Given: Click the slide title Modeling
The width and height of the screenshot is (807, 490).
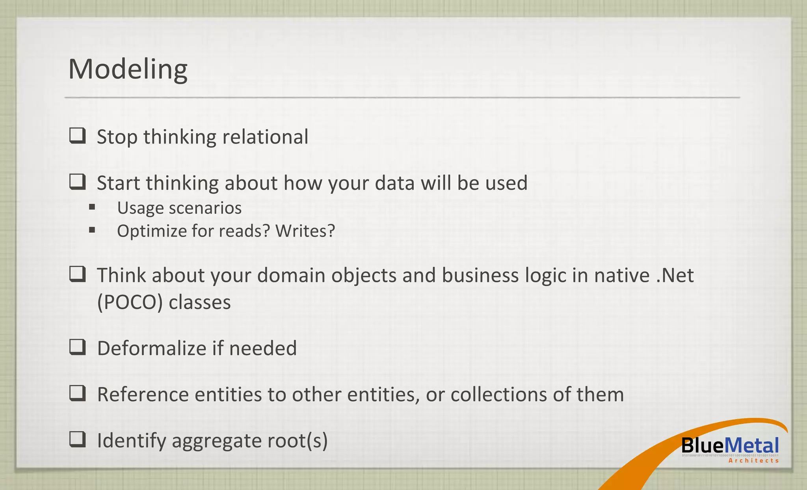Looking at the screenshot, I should [x=128, y=69].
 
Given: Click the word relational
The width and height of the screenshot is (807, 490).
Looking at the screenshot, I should [x=265, y=137].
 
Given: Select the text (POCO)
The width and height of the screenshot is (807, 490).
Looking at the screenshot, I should [x=130, y=303].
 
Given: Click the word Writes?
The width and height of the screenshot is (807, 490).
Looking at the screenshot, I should [x=305, y=231].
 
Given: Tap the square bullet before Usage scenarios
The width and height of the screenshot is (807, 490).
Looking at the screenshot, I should [x=92, y=207].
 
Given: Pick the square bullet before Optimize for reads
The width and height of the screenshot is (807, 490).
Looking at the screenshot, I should [x=92, y=229].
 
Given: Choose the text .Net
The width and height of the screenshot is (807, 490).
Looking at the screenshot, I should [x=675, y=275].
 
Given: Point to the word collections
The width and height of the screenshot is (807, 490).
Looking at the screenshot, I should [x=498, y=395].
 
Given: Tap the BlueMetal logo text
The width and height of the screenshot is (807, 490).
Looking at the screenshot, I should [x=730, y=446].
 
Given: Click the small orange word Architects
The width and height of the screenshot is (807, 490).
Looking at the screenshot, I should [x=753, y=460].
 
